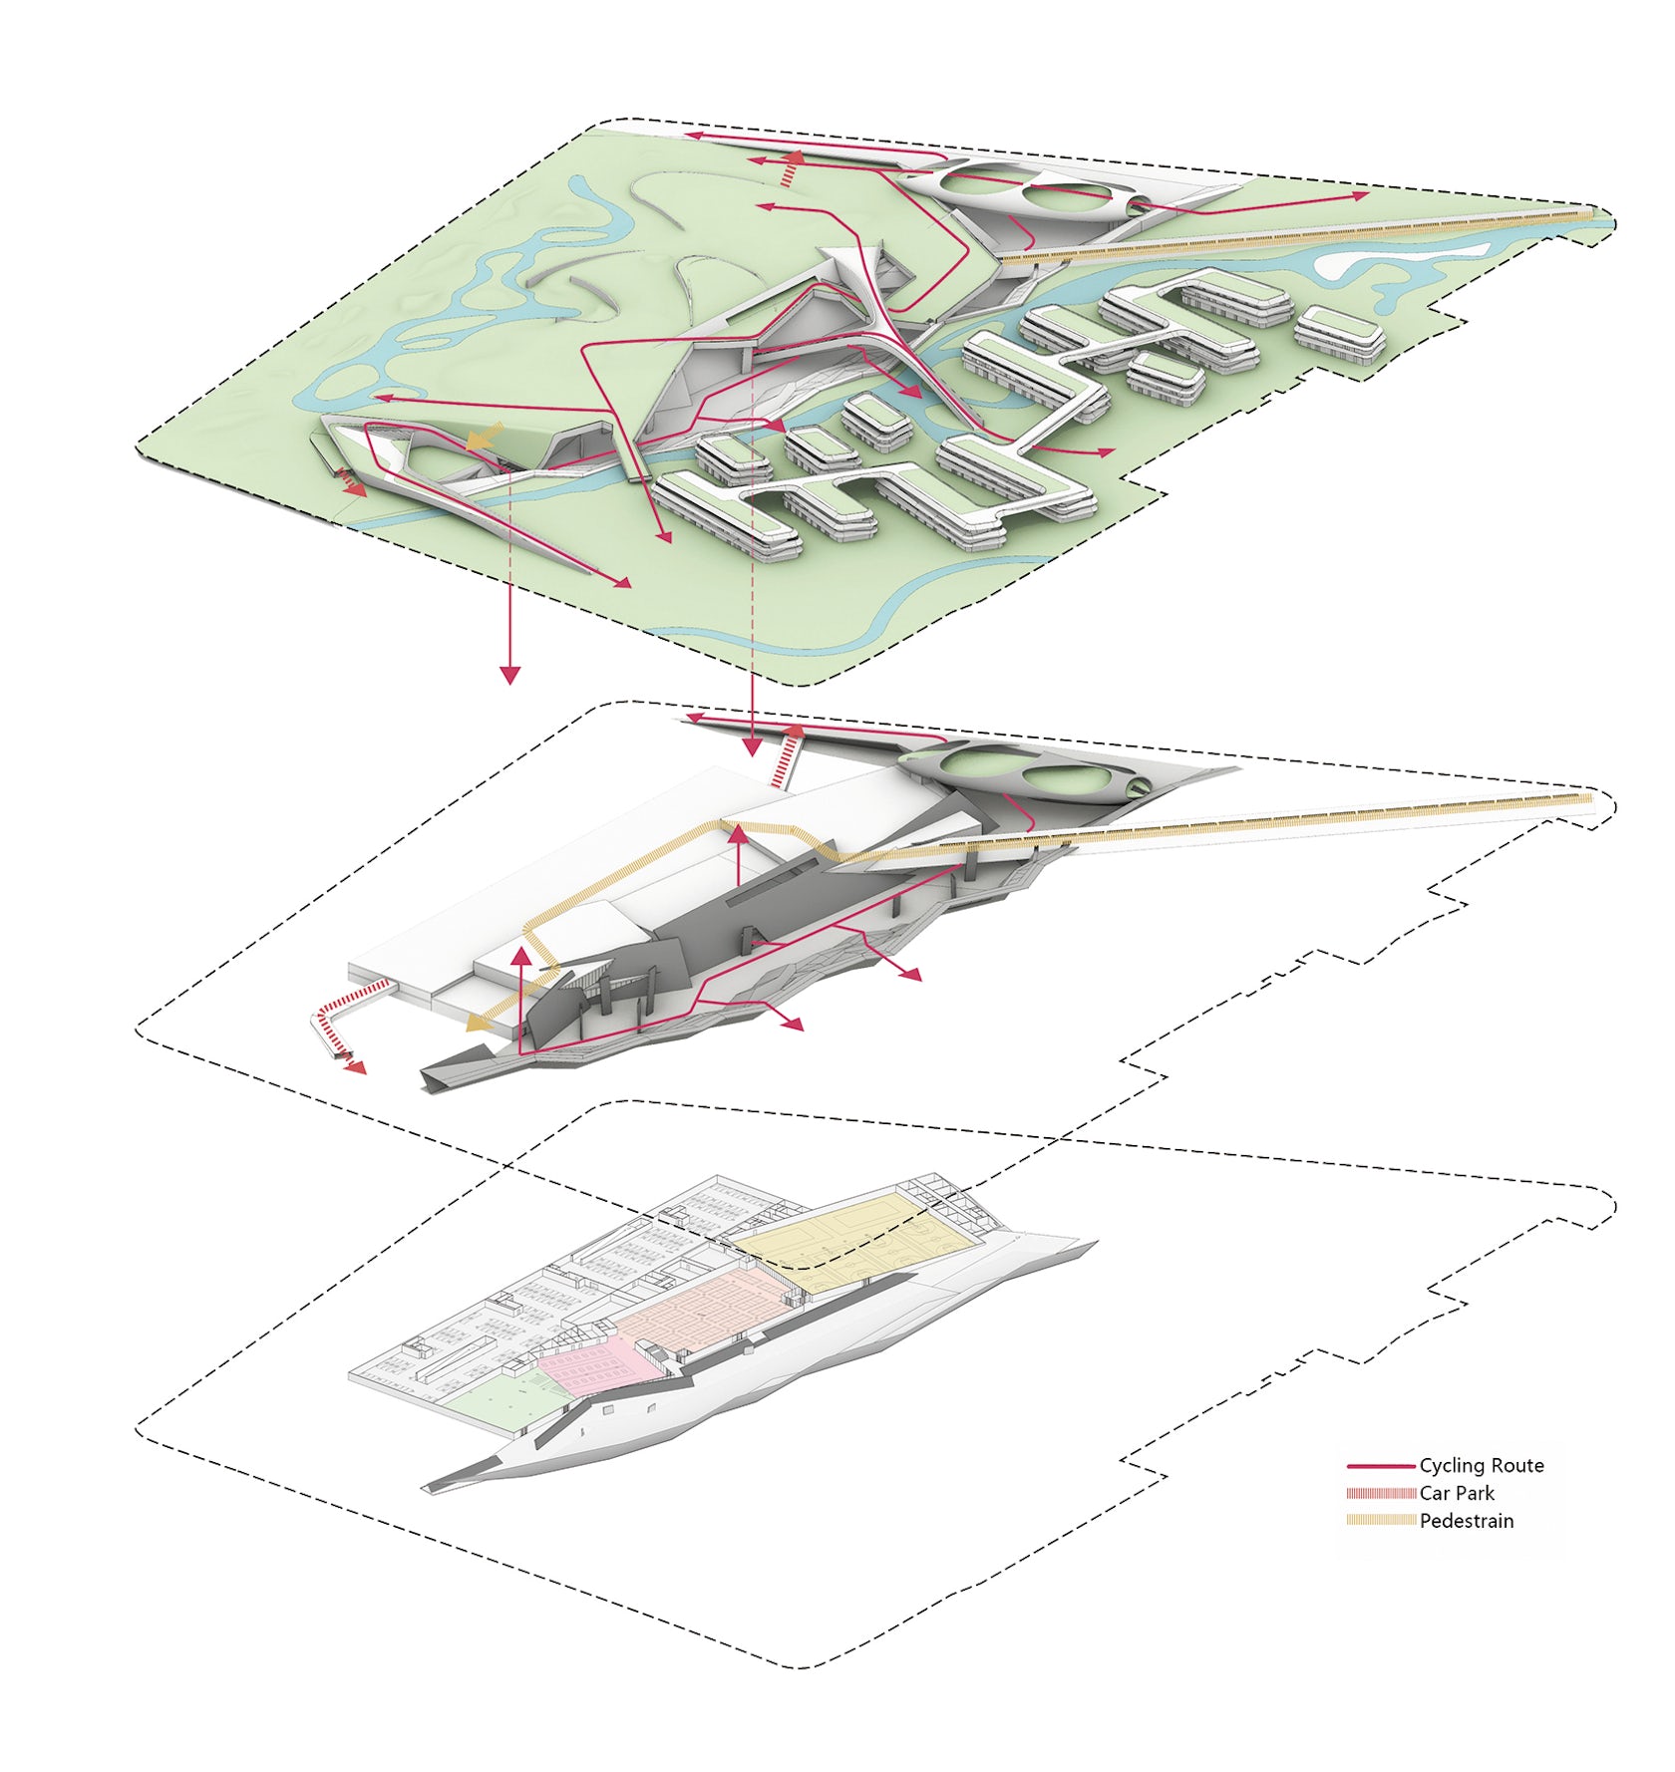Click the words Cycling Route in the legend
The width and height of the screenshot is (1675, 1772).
[1481, 1465]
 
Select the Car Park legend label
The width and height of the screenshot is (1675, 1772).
[1457, 1493]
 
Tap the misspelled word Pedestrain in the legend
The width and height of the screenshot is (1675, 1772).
[1467, 1521]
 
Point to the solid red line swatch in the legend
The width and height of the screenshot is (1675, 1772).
[1381, 1466]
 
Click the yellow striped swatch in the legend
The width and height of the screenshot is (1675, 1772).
[1381, 1521]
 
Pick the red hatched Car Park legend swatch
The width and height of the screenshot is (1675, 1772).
[1381, 1493]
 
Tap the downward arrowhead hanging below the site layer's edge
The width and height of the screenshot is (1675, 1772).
[510, 675]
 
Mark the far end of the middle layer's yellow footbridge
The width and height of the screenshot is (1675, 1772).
[1589, 797]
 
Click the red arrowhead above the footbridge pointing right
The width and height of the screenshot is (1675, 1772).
[1362, 196]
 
